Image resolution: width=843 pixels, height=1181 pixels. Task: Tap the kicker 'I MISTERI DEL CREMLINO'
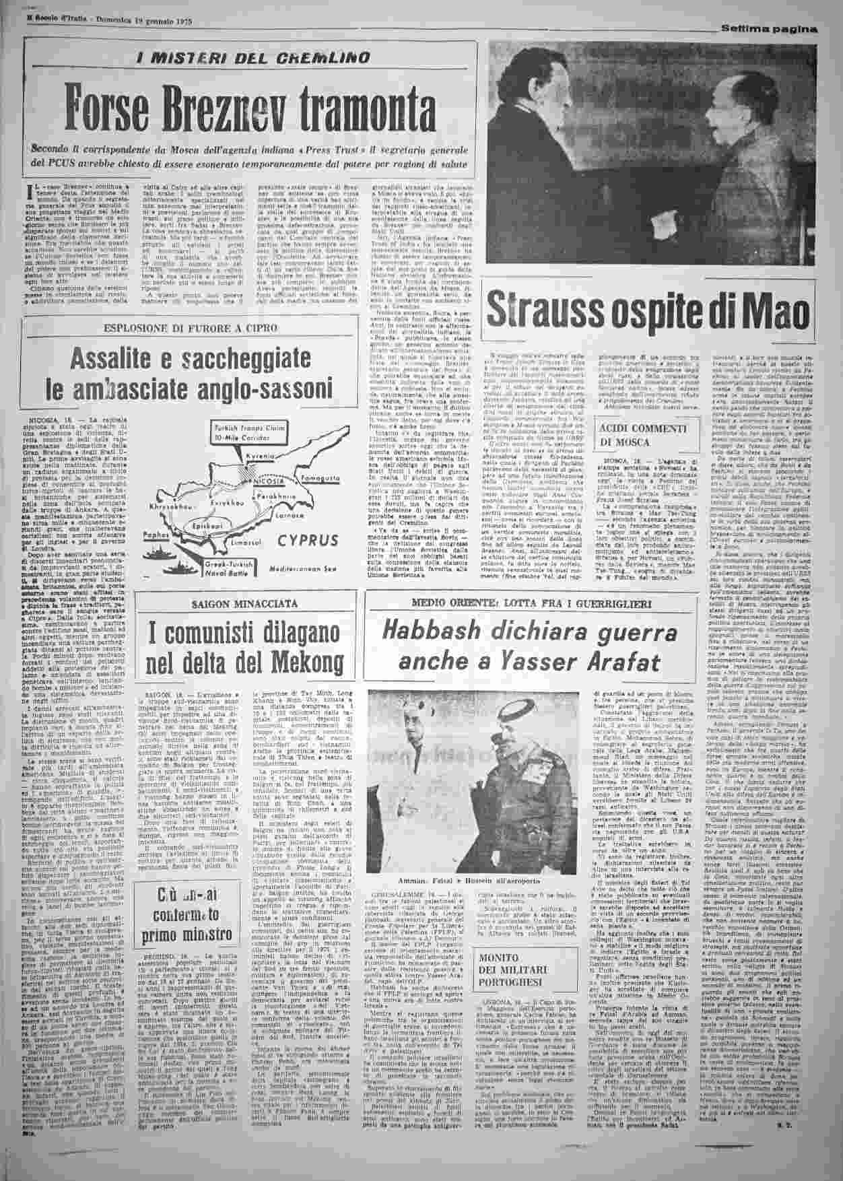pos(253,58)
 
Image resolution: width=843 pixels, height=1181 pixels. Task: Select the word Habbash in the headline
pos(436,634)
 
